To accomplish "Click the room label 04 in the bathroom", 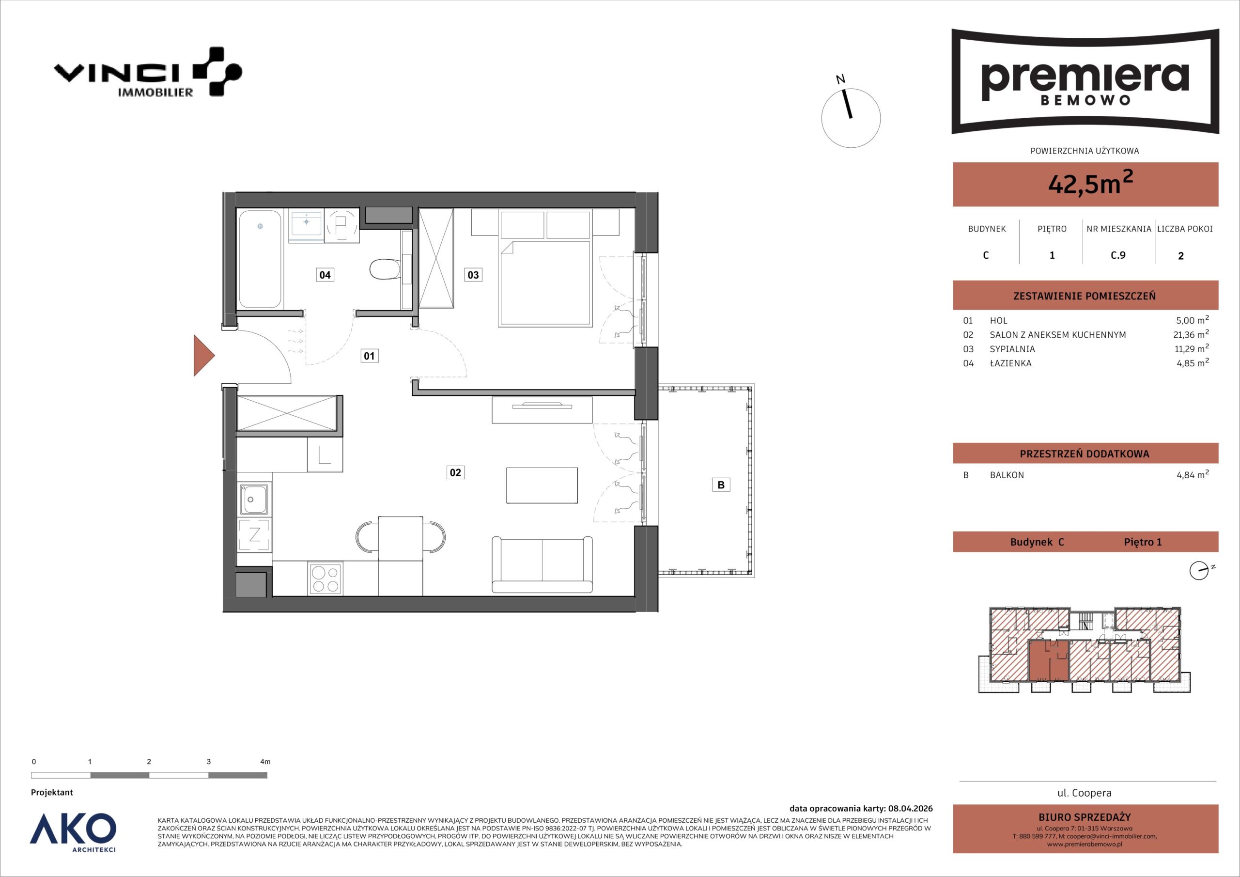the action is coord(325,275).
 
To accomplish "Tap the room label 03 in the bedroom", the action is coord(473,275).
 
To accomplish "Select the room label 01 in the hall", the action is coord(370,356).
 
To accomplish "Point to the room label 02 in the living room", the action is coord(456,473).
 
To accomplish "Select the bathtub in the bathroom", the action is coord(260,259).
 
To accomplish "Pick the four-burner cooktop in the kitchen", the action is coord(325,579).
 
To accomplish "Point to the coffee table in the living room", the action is coord(542,485).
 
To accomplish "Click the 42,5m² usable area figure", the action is coord(1090,184).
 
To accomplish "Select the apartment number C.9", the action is coord(1118,255).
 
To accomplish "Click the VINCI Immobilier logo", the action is coord(147,72).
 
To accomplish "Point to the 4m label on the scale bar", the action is coord(265,762).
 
